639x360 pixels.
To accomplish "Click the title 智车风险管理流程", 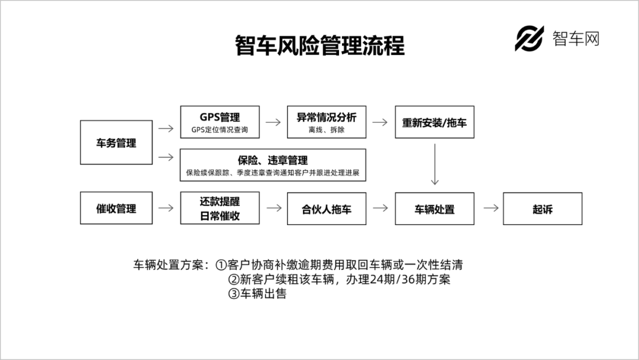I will pyautogui.click(x=319, y=46).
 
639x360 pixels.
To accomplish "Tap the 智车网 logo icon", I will pyautogui.click(x=529, y=39).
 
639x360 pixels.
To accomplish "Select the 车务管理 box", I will pyautogui.click(x=116, y=143).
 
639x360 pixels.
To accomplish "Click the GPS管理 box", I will pyautogui.click(x=220, y=121).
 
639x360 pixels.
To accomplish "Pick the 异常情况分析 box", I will pyautogui.click(x=327, y=121).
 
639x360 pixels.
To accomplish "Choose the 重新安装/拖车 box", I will pyautogui.click(x=434, y=122).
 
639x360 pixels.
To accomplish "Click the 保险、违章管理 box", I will pyautogui.click(x=273, y=165).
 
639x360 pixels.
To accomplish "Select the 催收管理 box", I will pyautogui.click(x=116, y=208).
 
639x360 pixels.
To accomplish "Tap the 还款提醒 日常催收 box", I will pyautogui.click(x=220, y=208).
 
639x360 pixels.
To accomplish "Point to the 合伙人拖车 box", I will pyautogui.click(x=327, y=208).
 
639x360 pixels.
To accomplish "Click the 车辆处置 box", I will pyautogui.click(x=434, y=208).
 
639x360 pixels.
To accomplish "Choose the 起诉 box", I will pyautogui.click(x=542, y=208).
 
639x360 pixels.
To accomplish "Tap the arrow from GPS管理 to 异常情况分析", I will pyautogui.click(x=273, y=122).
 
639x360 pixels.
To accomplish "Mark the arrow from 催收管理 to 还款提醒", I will pyautogui.click(x=166, y=208).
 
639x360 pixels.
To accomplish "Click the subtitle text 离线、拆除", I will pyautogui.click(x=327, y=130).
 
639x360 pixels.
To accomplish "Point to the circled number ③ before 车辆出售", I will pyautogui.click(x=233, y=294).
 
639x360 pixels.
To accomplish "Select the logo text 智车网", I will pyautogui.click(x=576, y=39).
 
